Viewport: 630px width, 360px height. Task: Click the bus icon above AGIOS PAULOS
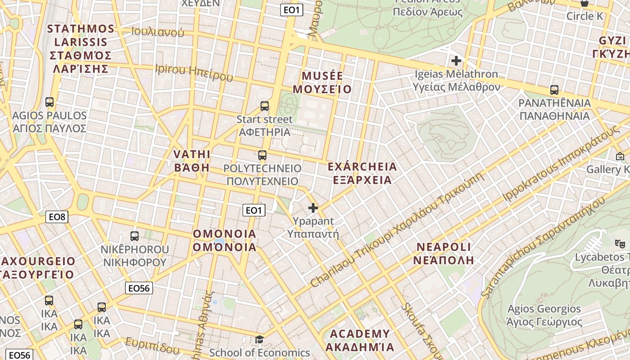click(x=49, y=102)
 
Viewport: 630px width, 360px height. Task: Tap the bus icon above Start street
click(x=265, y=106)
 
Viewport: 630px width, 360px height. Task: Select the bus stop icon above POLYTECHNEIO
click(x=262, y=155)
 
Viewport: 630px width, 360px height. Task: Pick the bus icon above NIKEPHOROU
click(x=134, y=236)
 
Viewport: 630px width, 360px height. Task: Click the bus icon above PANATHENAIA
click(x=554, y=90)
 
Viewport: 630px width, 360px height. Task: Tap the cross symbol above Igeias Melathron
click(x=456, y=60)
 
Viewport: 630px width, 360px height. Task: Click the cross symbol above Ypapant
click(x=313, y=208)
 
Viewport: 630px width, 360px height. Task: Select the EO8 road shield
click(x=57, y=217)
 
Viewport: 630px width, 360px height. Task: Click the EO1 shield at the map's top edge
click(x=292, y=10)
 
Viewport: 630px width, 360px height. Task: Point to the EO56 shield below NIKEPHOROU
click(x=139, y=288)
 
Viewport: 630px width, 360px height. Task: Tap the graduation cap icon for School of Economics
click(x=259, y=339)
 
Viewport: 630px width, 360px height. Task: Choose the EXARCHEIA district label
click(x=362, y=167)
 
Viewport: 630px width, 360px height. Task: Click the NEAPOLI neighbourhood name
click(x=444, y=247)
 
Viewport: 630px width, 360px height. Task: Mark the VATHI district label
click(x=192, y=154)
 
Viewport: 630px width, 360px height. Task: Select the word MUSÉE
click(x=322, y=76)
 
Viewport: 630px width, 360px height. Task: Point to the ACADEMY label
click(x=360, y=334)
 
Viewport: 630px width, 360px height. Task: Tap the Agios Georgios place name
click(x=544, y=309)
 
